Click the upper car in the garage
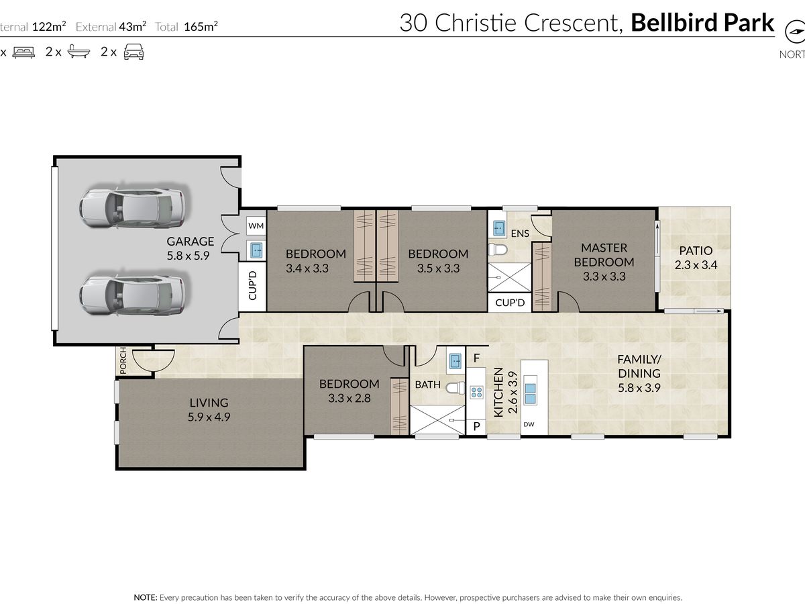(132, 209)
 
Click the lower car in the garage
(132, 295)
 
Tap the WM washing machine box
(256, 225)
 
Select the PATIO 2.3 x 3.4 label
(696, 258)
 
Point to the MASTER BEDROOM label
(604, 262)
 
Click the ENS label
(520, 234)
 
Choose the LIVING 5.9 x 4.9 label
(209, 409)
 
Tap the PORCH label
(123, 360)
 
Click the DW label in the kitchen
(529, 424)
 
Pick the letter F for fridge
(476, 358)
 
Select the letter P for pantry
(476, 426)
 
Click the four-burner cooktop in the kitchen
(476, 393)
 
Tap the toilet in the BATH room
(456, 387)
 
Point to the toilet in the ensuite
(498, 250)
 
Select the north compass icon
(794, 32)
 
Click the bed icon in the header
(23, 52)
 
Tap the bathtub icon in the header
(79, 52)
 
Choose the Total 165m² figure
(186, 26)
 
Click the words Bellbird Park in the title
(702, 23)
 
